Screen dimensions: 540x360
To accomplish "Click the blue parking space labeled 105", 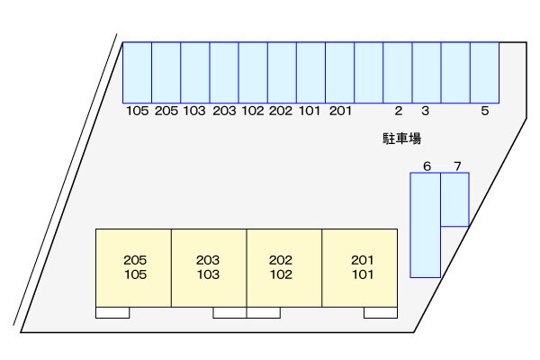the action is [137, 73].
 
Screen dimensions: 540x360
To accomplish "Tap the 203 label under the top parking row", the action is [224, 111].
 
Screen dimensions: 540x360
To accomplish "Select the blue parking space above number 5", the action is [484, 73].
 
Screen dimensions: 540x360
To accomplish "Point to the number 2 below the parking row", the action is [399, 111].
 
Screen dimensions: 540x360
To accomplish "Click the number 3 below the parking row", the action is [426, 111].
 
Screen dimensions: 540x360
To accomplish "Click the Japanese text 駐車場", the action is [402, 139].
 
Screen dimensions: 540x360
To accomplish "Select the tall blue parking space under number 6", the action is [426, 225].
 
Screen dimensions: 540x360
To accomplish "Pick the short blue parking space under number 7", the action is [454, 200].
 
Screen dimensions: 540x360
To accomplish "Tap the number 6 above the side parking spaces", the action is [427, 166].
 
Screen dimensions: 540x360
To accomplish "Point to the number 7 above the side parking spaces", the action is [457, 166].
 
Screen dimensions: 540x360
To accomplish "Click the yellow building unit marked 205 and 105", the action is [133, 268].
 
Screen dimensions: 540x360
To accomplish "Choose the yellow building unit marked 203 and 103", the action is [209, 268].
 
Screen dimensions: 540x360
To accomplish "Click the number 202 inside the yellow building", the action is [281, 260].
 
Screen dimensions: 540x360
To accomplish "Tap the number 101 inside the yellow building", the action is [363, 274].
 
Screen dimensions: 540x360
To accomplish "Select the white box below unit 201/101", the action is [381, 312].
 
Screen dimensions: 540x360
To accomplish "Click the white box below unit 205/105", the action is [112, 312].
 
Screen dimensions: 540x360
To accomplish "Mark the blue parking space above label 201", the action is [339, 73].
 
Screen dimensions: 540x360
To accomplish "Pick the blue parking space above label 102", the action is [253, 73].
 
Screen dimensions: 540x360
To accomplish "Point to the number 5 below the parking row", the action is [485, 111].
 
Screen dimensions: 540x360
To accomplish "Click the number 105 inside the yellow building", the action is [135, 274].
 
